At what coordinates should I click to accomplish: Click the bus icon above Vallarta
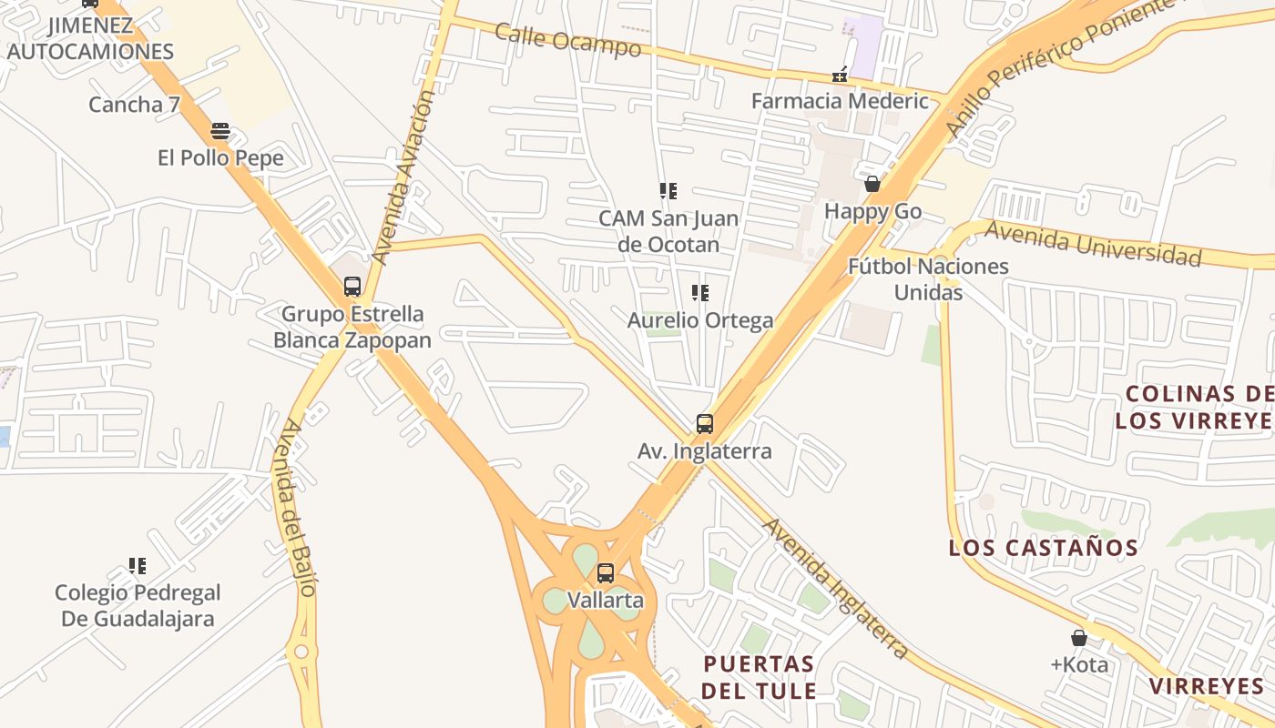(606, 573)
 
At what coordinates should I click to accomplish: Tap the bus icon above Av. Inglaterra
(705, 423)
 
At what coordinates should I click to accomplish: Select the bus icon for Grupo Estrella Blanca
(352, 287)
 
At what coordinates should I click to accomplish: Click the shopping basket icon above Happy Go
(872, 184)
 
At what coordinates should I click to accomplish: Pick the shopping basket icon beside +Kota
(1079, 638)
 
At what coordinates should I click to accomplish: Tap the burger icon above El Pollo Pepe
(219, 130)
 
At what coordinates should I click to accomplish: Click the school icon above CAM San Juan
(668, 190)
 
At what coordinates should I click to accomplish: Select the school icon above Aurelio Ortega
(700, 292)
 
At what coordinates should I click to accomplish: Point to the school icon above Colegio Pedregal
(138, 565)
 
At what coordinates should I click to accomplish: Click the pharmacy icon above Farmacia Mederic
(840, 74)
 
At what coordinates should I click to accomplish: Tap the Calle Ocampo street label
(567, 39)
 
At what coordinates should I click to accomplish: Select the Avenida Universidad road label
(1093, 243)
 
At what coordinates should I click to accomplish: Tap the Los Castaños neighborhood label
(1043, 548)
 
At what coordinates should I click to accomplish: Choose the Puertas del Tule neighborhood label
(758, 676)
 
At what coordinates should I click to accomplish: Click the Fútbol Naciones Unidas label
(928, 278)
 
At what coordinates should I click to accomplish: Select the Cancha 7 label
(134, 105)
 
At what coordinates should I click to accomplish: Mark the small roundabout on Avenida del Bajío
(301, 652)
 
